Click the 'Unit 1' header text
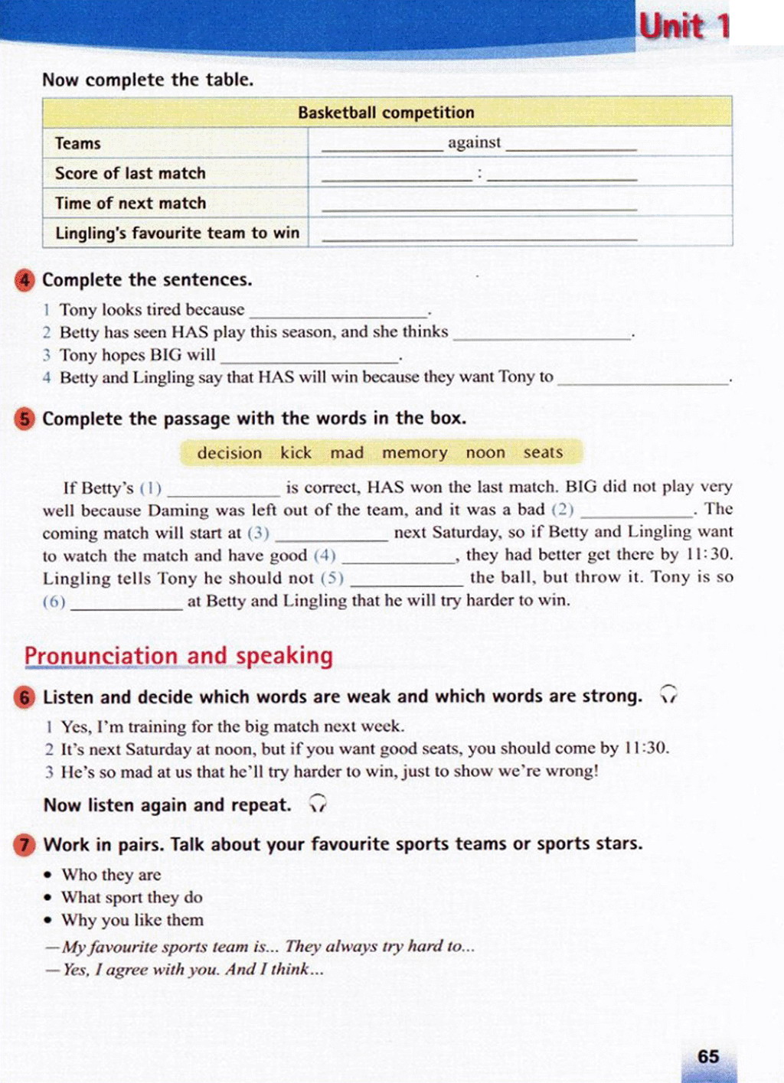click(x=683, y=27)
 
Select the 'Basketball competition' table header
click(x=386, y=113)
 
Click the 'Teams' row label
click(x=77, y=143)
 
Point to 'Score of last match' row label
click(x=130, y=173)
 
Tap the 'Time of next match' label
click(x=130, y=203)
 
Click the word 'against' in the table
click(x=474, y=142)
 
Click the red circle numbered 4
click(x=24, y=280)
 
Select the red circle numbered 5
click(x=24, y=419)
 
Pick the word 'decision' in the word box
click(x=229, y=453)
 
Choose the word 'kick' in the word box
click(x=296, y=453)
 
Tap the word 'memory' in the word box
click(x=414, y=453)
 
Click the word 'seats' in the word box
click(x=543, y=452)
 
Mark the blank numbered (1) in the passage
click(x=223, y=490)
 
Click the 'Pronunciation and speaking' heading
click(x=178, y=656)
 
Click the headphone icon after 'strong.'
click(x=669, y=695)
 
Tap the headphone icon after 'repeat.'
click(x=318, y=804)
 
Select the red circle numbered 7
click(x=24, y=845)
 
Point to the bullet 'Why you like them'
click(x=132, y=920)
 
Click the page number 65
click(x=708, y=1056)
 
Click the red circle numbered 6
click(x=24, y=697)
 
